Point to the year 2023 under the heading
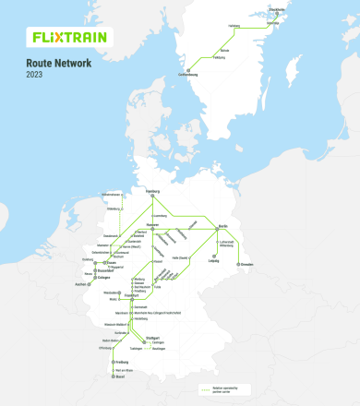(34, 74)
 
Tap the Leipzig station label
(214, 261)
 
